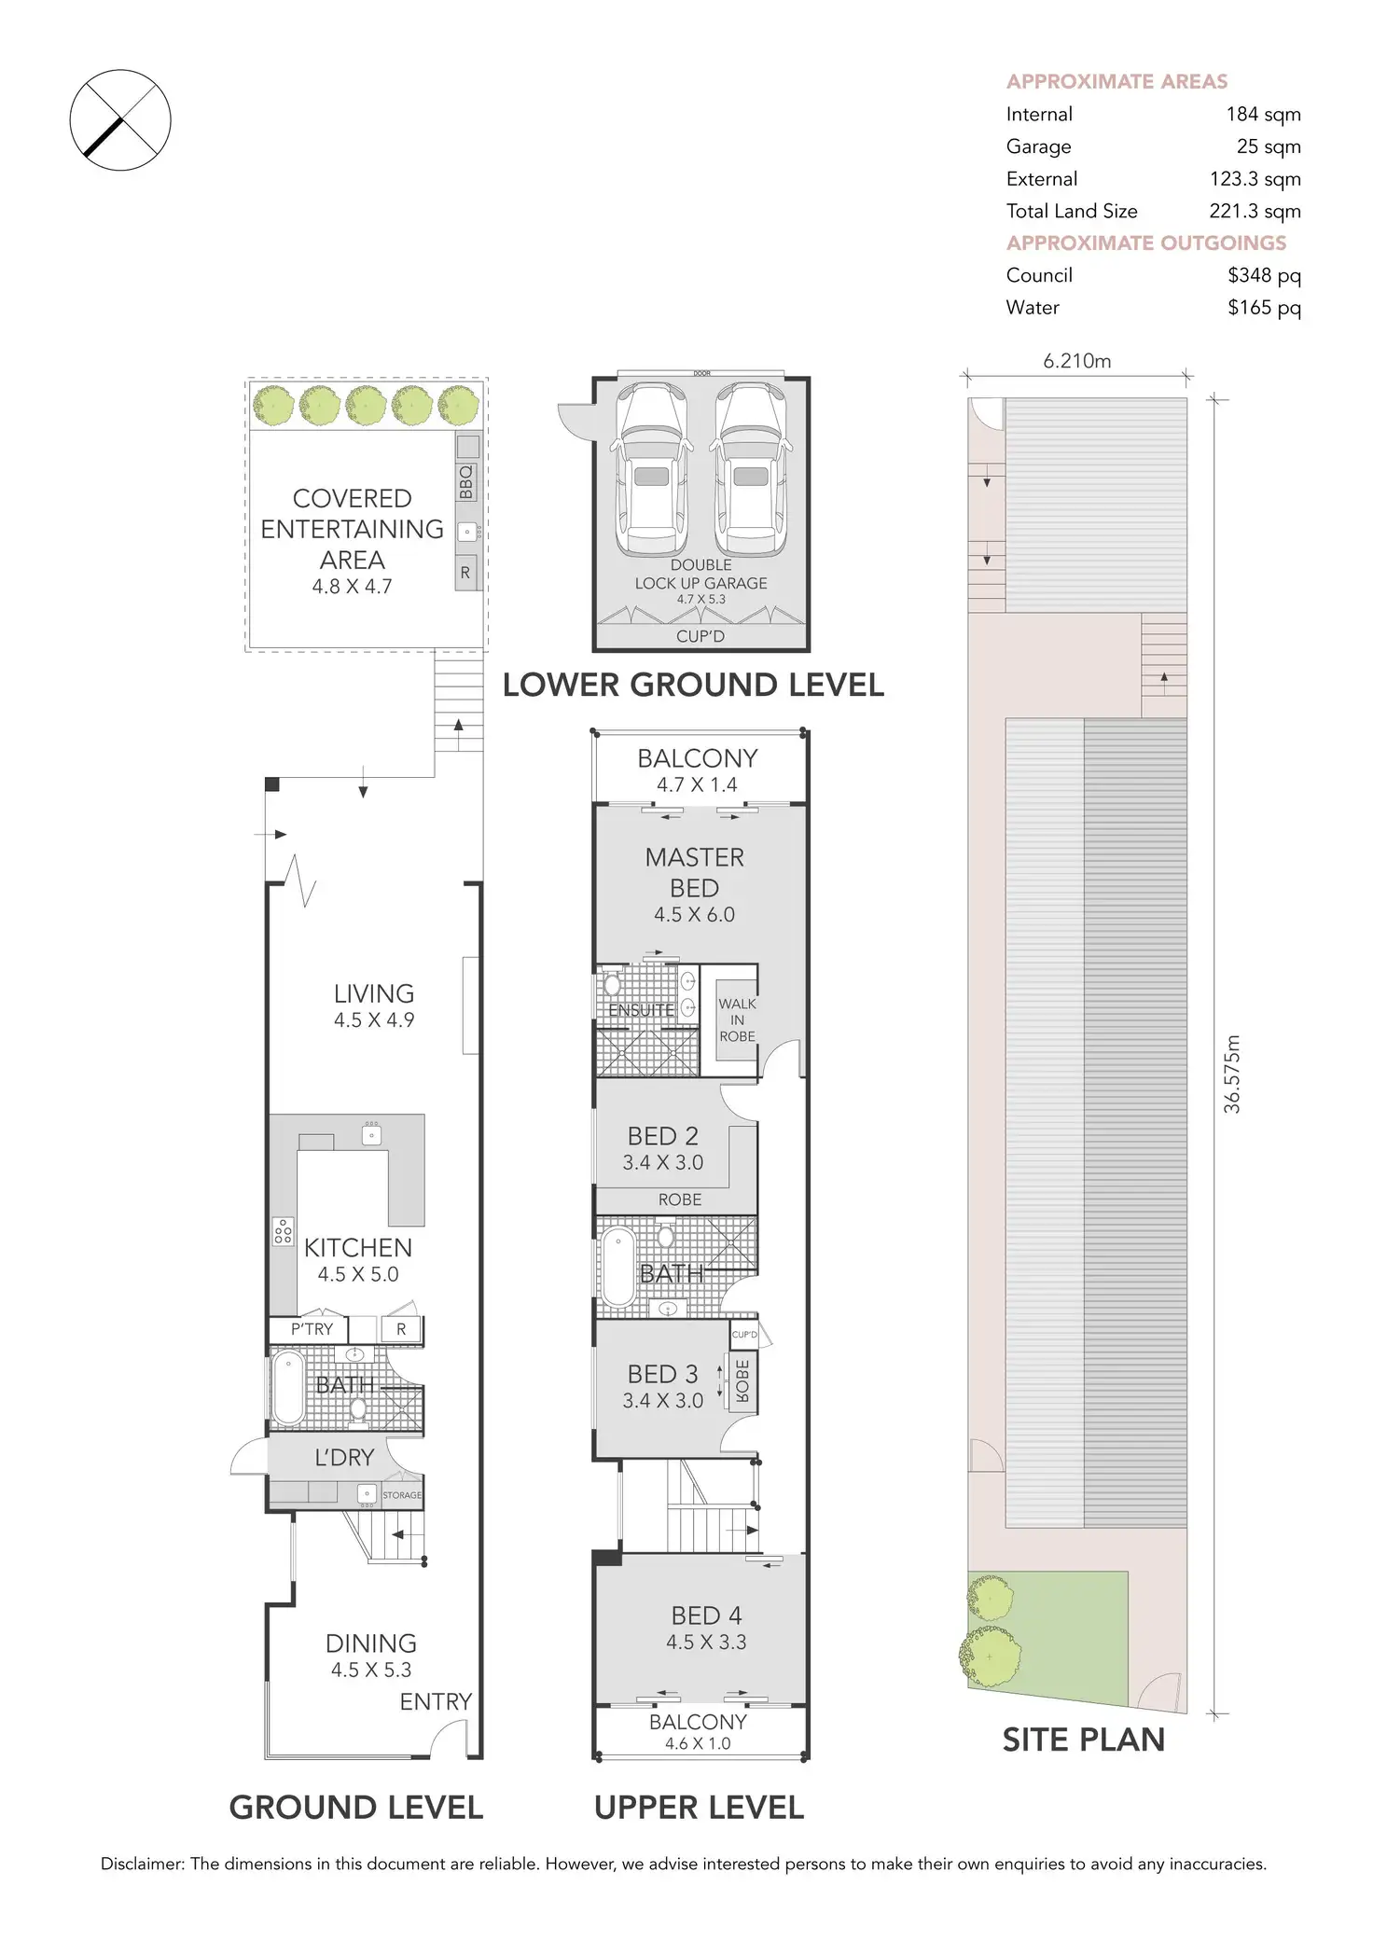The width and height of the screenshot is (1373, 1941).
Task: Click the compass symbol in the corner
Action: coord(120,120)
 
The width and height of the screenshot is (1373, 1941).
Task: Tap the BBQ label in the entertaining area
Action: coord(466,482)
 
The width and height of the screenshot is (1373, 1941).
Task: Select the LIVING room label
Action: coord(374,994)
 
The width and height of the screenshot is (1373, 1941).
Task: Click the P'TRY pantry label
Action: coord(312,1329)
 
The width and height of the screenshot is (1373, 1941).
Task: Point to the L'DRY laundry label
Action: coord(344,1457)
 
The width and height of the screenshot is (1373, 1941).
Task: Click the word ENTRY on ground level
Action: coord(436,1702)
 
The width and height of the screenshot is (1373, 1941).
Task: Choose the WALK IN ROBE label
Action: coord(737,1019)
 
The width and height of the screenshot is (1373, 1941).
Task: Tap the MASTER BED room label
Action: coord(695,872)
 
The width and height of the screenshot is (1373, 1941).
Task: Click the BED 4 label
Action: coord(707,1616)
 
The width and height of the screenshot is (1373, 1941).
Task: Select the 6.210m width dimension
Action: coord(1077,361)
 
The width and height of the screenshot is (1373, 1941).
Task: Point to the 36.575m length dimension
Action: coord(1232,1074)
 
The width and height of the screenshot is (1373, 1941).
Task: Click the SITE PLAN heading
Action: coord(1083,1740)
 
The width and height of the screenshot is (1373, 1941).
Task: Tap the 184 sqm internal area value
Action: coord(1263,115)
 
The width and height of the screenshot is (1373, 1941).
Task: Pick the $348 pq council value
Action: coord(1264,275)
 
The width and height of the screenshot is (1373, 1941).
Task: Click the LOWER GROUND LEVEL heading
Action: coord(693,686)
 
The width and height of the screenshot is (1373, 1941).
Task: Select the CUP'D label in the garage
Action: coord(700,637)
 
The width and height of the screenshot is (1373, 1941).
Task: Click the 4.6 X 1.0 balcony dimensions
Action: coord(698,1743)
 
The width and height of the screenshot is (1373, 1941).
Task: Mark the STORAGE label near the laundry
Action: coord(402,1495)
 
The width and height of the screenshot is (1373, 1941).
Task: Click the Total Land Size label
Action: coord(1072,212)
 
